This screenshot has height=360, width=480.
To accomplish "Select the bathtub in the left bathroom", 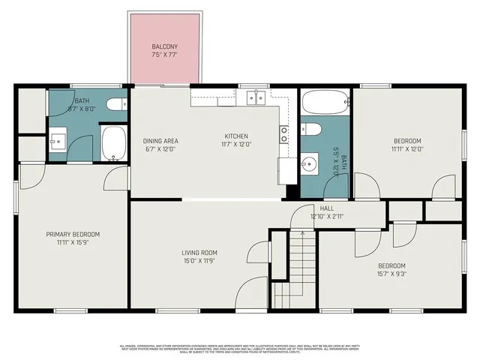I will tap(114, 143).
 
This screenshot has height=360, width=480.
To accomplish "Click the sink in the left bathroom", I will tap(58, 140).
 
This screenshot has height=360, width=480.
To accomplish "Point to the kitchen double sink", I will tap(256, 97).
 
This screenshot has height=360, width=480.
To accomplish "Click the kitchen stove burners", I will tap(285, 134).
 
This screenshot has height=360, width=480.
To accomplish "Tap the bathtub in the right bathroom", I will tap(325, 101).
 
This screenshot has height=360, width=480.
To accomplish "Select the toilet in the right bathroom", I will tap(313, 130).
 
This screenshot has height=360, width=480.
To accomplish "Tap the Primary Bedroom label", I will tap(73, 234).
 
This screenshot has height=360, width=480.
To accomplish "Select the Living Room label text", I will tap(199, 253).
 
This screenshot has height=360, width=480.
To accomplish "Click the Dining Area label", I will tap(160, 140).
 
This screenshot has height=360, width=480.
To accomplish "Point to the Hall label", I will tap(327, 208).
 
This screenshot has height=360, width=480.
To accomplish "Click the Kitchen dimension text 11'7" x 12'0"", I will tap(235, 145).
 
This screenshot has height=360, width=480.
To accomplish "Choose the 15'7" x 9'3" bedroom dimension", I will tap(391, 274).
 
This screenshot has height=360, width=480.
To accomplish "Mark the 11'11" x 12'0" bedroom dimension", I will tap(408, 148).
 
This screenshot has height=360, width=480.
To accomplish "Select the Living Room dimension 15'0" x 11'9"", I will tap(199, 261).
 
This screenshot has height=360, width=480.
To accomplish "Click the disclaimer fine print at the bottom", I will tap(240, 348).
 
